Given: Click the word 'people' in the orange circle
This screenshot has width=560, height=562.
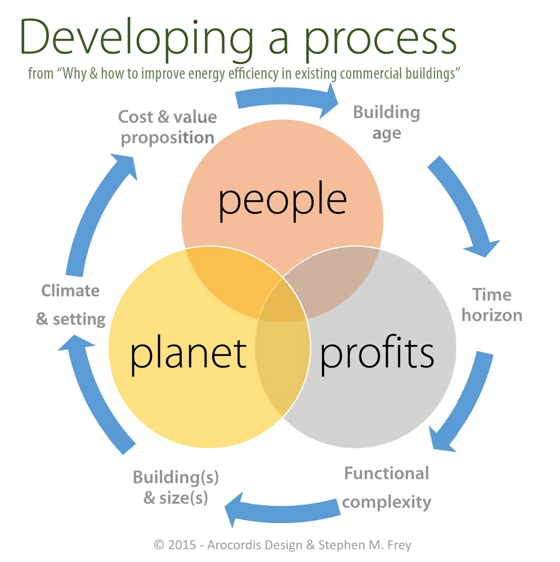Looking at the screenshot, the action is pyautogui.click(x=282, y=200).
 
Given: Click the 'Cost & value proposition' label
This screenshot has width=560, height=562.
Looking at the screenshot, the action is pyautogui.click(x=168, y=127).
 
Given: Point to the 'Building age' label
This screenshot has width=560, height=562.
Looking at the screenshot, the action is pyautogui.click(x=386, y=123).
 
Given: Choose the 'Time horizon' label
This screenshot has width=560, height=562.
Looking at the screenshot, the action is pyautogui.click(x=492, y=305).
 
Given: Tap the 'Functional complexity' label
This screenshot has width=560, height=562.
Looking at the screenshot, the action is pyautogui.click(x=386, y=488).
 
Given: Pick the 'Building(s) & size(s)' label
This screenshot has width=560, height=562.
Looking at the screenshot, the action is pyautogui.click(x=176, y=488).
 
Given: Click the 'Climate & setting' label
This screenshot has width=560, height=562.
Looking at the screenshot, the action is pyautogui.click(x=71, y=305).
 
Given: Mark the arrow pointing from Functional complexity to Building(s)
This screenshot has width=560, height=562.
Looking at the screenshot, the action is pyautogui.click(x=281, y=511).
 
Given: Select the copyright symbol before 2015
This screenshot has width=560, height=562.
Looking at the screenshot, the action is pyautogui.click(x=159, y=545).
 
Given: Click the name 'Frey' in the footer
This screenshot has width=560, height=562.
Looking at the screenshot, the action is pyautogui.click(x=399, y=545).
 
